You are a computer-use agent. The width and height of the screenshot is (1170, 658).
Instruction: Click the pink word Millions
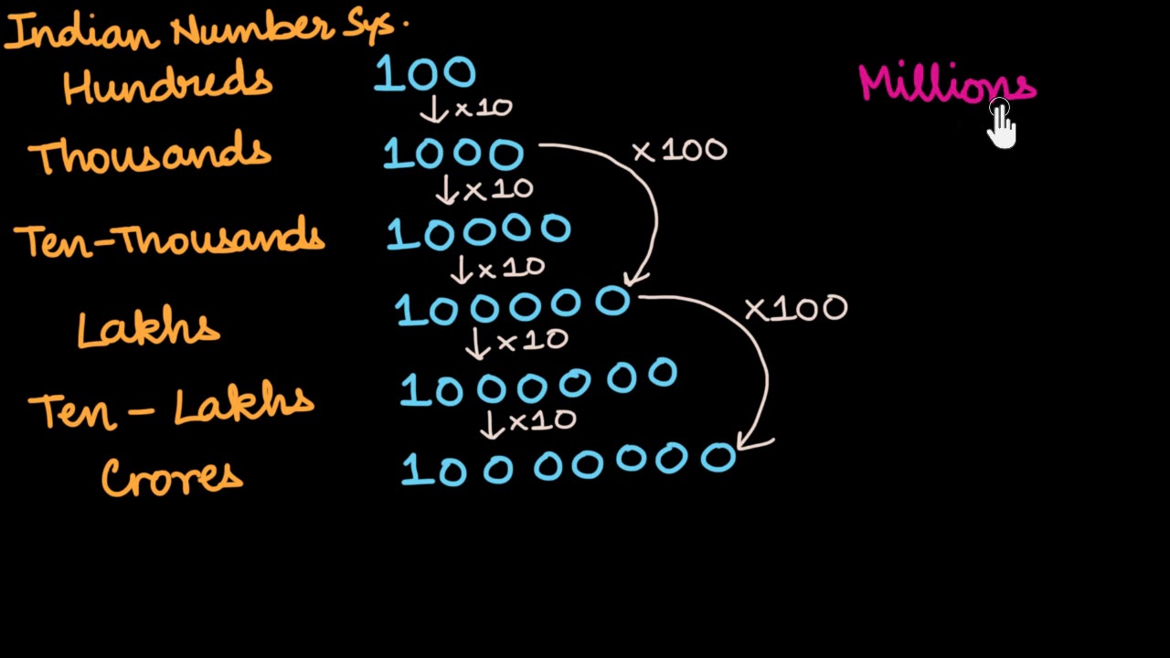945,84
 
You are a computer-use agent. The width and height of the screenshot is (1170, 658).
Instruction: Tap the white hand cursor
1001,125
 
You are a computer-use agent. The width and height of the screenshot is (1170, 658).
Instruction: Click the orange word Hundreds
167,85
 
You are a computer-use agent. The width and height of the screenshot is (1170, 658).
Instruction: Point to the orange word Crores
172,477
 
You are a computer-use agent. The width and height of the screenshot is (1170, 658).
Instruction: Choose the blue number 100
425,74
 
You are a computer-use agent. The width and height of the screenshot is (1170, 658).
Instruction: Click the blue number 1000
453,154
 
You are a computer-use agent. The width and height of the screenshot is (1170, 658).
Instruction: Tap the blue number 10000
479,232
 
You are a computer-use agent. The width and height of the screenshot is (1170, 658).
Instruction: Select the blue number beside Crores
569,464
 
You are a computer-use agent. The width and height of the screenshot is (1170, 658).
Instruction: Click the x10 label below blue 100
483,109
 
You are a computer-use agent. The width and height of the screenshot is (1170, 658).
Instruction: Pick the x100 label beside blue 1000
680,151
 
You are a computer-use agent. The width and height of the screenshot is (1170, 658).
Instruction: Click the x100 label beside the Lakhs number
796,309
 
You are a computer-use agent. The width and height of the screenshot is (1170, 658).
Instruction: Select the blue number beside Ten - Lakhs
537,385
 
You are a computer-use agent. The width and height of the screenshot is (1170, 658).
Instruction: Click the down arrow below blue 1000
447,190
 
